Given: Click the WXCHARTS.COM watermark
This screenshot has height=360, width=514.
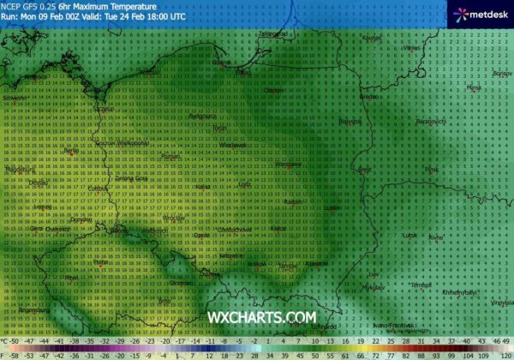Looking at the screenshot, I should [261, 318].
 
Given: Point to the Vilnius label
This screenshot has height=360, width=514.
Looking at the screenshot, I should [414, 49].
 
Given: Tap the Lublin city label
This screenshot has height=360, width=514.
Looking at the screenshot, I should [332, 207].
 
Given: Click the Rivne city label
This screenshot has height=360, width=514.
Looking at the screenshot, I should [436, 237].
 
